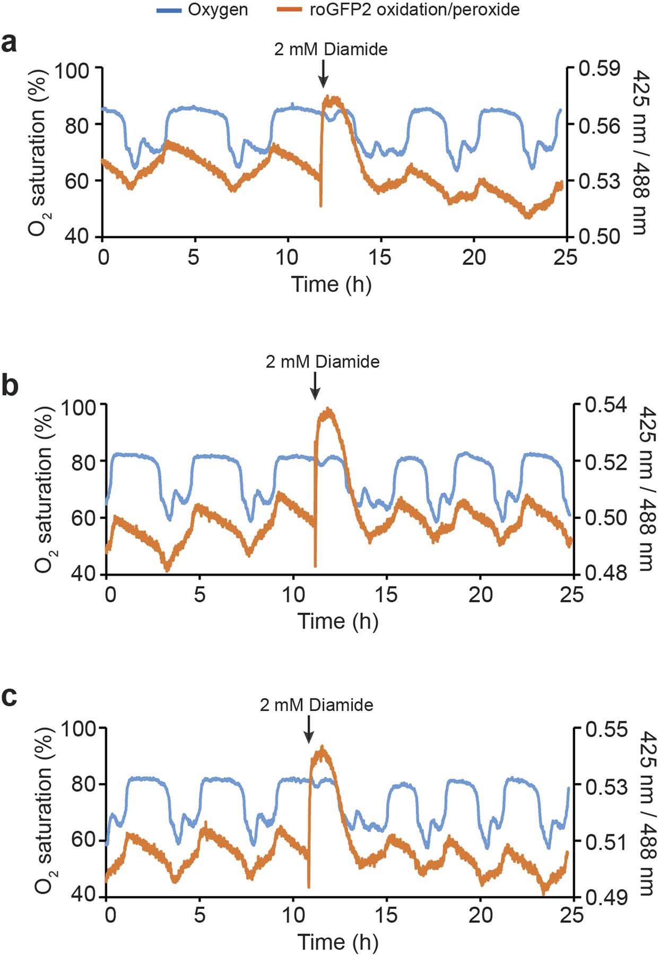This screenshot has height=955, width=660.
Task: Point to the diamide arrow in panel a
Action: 323,74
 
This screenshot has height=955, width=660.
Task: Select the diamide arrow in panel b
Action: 315,386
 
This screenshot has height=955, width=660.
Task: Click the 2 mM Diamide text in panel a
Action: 331,49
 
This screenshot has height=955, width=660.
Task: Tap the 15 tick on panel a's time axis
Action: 381,257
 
